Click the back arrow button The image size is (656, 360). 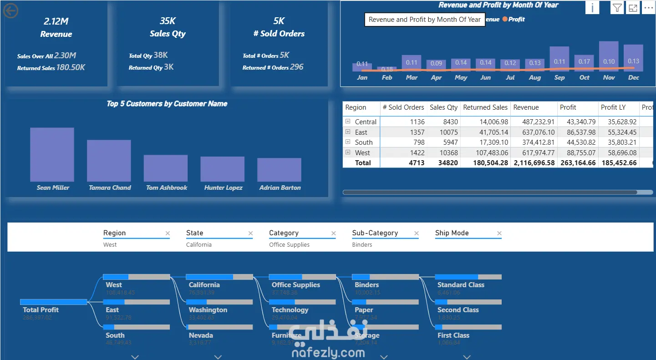[10, 11]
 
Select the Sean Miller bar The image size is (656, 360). [52, 155]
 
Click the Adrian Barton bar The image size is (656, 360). [279, 170]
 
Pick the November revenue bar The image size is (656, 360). [609, 56]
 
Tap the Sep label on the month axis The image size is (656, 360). [559, 78]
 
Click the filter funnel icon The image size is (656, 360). [617, 8]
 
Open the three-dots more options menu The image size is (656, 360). [648, 8]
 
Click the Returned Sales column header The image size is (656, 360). [485, 107]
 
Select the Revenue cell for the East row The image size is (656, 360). [534, 132]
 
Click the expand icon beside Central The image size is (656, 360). [348, 122]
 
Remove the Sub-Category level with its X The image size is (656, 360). [416, 233]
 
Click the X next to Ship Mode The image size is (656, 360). [499, 233]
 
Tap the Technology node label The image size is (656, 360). [290, 310]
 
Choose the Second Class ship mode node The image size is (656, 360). [458, 310]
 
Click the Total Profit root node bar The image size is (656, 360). [53, 302]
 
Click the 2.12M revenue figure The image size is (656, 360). [56, 21]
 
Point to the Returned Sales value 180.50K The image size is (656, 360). [71, 67]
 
